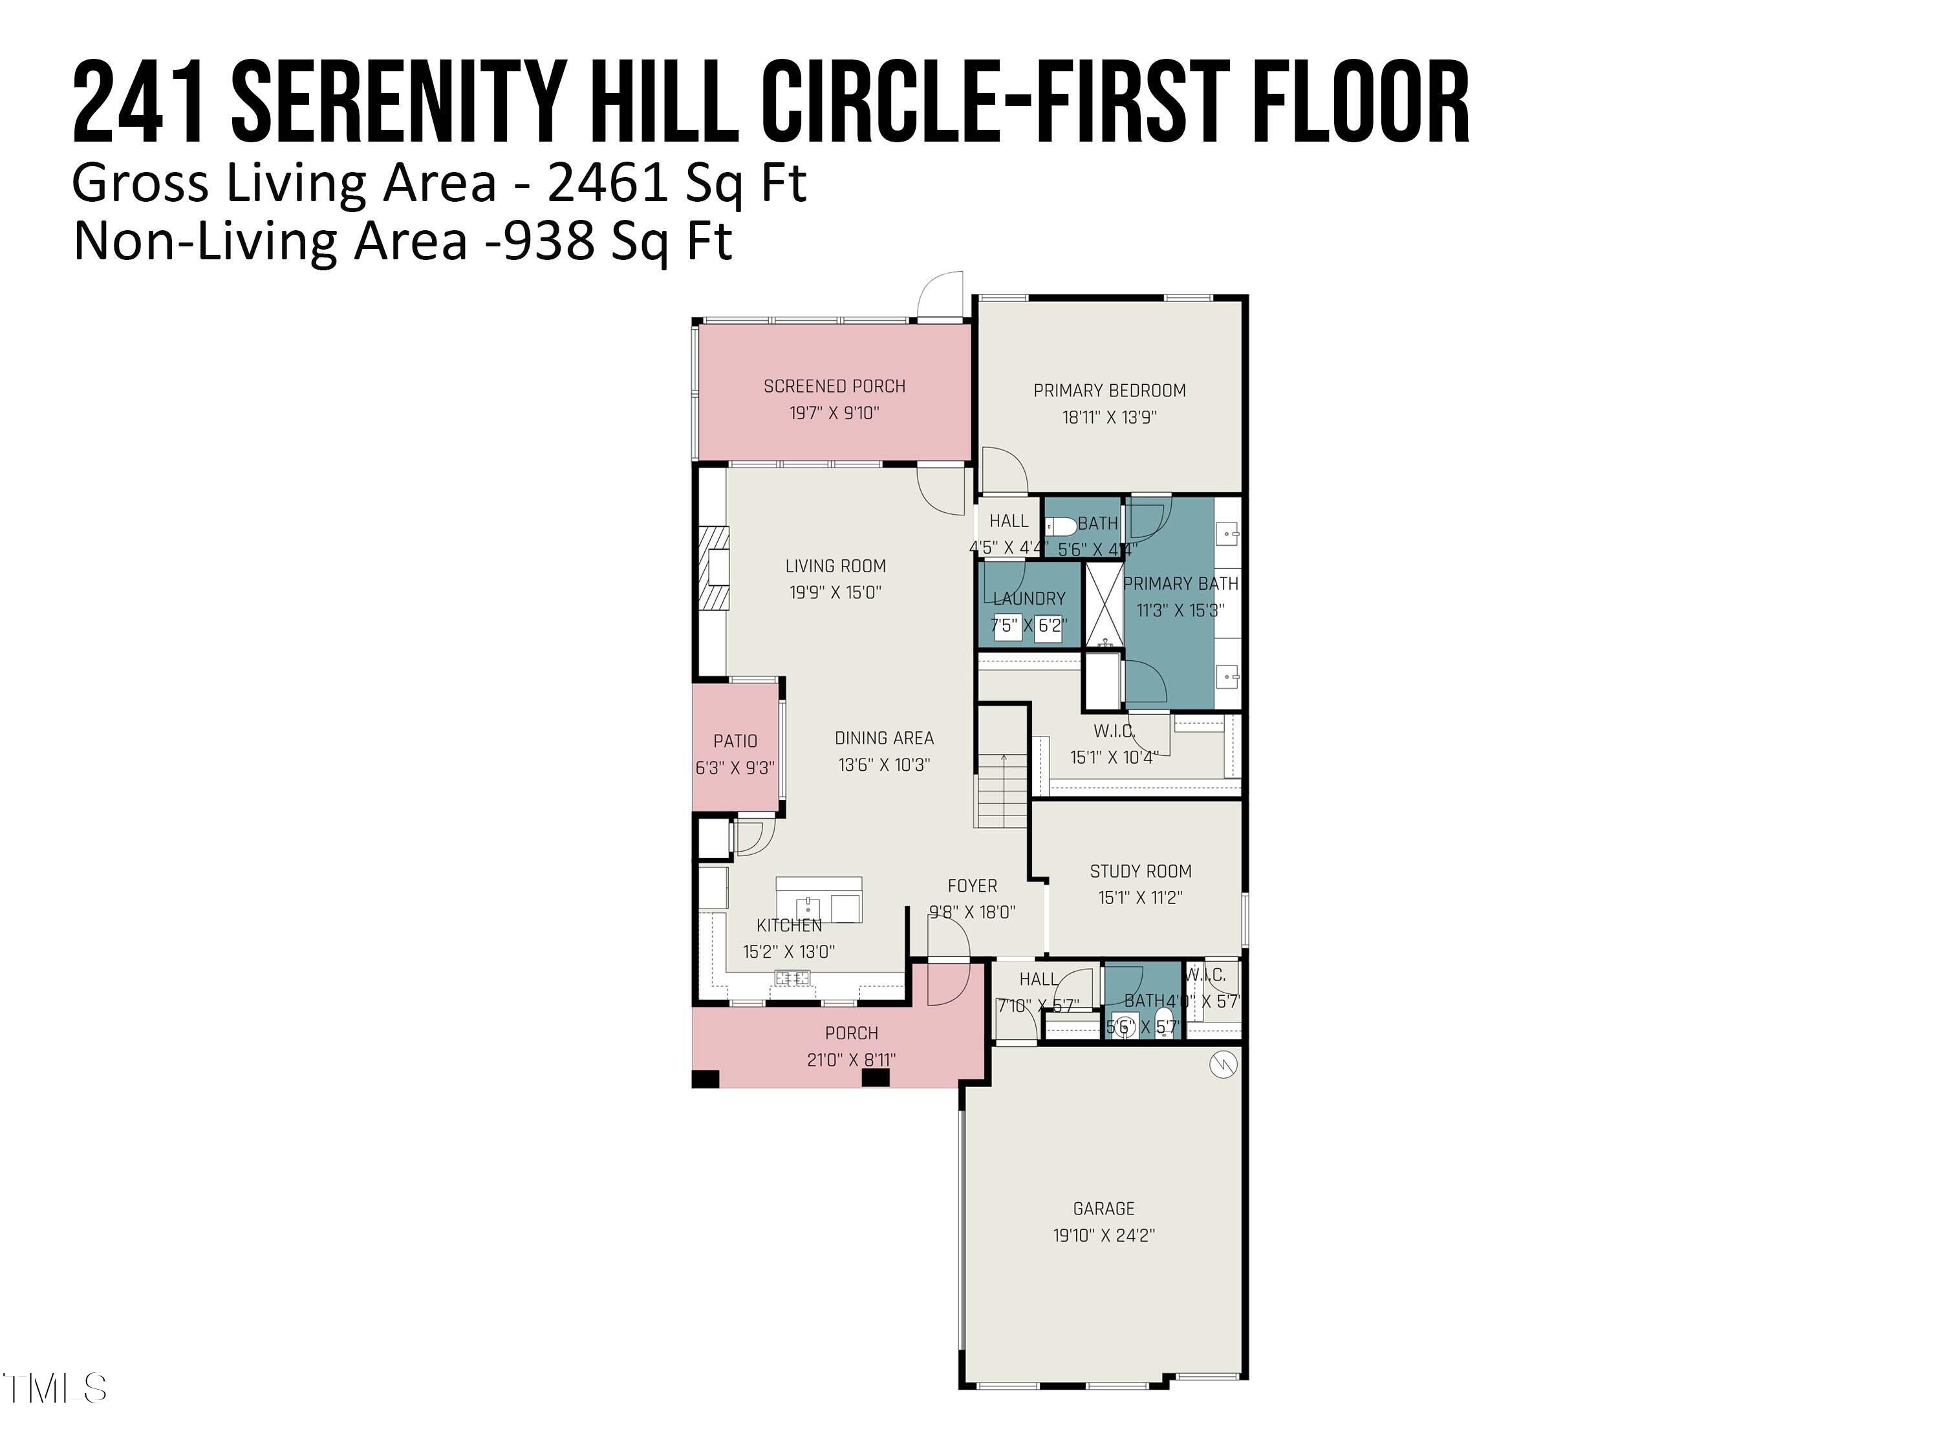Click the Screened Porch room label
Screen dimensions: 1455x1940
point(834,386)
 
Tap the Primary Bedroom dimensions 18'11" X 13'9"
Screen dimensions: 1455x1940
point(1110,418)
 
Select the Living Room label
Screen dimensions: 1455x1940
point(835,566)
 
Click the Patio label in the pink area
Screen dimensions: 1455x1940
point(735,741)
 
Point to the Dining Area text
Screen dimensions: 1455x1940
point(884,738)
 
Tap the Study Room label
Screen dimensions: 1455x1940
point(1140,871)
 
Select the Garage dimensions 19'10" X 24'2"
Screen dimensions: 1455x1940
point(1103,1235)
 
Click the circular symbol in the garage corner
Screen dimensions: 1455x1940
point(1223,1064)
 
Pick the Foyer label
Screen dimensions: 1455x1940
point(972,886)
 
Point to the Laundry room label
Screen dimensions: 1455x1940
point(1029,598)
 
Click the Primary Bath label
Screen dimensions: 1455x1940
point(1180,583)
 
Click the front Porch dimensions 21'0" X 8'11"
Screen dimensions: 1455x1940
point(851,1059)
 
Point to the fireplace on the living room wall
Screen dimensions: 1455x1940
point(714,566)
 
